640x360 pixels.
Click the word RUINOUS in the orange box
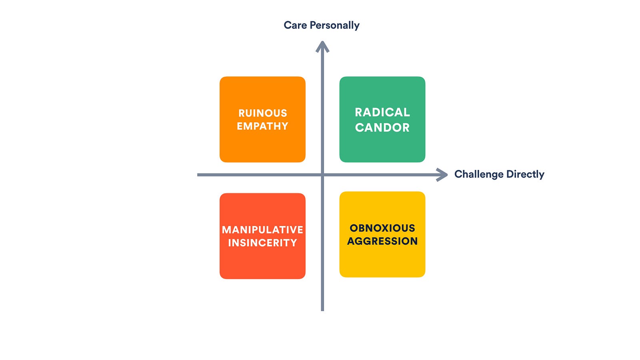(262, 113)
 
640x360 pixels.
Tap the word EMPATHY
(262, 126)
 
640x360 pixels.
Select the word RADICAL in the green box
(382, 112)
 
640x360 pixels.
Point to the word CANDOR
(382, 128)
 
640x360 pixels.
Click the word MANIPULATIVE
(262, 230)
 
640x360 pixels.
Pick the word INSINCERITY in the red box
(262, 243)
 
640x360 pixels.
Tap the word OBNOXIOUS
(382, 228)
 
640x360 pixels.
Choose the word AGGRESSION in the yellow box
(382, 241)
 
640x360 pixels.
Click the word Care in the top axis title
(296, 25)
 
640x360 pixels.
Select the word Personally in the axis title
(334, 26)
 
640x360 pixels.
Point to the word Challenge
(479, 174)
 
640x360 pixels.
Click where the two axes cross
(322, 174)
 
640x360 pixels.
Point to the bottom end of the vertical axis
(322, 310)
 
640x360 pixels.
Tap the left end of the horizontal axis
(198, 174)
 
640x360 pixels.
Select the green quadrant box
(382, 120)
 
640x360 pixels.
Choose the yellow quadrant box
(382, 234)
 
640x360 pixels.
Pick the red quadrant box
(262, 236)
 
